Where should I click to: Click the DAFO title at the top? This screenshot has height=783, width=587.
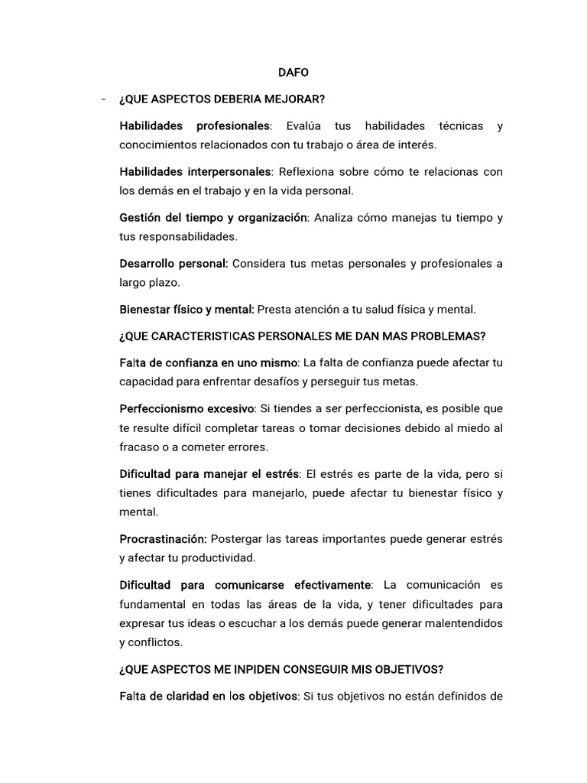[x=293, y=73]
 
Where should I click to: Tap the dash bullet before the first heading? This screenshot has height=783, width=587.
[x=102, y=99]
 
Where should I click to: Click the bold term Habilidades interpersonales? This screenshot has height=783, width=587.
[x=195, y=172]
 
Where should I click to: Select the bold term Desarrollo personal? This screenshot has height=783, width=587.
[x=174, y=264]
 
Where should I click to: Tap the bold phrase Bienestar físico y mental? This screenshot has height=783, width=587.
[x=186, y=310]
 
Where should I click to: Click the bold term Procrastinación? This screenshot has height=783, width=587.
[x=164, y=538]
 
